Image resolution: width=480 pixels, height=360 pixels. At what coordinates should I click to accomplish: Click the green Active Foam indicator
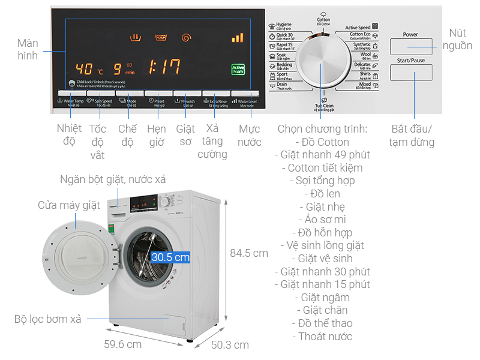tap(238, 70)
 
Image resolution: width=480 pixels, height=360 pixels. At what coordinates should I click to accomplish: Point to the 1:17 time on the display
tap(164, 67)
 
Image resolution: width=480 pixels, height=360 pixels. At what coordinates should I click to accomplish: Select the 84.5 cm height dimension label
tap(249, 253)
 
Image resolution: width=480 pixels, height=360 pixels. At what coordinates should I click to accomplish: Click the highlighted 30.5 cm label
tap(170, 257)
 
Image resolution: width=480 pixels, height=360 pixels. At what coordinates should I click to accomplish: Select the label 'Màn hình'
tap(28, 50)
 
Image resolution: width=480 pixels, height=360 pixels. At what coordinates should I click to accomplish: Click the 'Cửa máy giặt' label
tap(69, 206)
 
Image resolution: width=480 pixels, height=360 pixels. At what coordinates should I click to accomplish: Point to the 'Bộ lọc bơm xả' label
tap(48, 319)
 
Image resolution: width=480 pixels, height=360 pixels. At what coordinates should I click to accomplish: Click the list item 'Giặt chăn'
tap(325, 310)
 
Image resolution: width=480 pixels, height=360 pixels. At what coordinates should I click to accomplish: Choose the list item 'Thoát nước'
tap(325, 337)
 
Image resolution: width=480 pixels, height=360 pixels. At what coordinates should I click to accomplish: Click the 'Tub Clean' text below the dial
tap(325, 106)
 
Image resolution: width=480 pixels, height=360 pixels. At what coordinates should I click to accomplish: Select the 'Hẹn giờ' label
tap(157, 136)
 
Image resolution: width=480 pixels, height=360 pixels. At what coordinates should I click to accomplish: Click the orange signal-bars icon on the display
tap(238, 38)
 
